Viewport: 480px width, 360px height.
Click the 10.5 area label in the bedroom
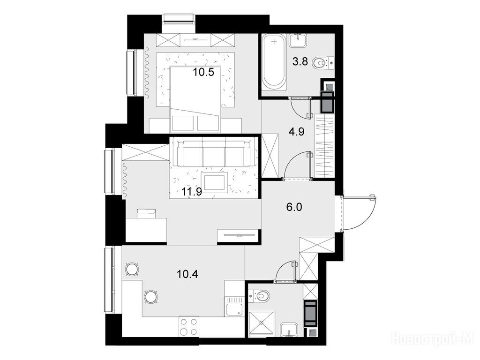[203, 73]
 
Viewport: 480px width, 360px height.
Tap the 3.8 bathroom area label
[300, 62]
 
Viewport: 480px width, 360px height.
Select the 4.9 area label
[296, 132]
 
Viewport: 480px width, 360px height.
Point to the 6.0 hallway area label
[294, 207]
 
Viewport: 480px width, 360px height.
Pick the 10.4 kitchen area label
[187, 274]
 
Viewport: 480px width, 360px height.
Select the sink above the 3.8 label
[298, 41]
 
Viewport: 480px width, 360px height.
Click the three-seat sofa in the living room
[214, 152]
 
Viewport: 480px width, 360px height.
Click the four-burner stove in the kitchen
[188, 326]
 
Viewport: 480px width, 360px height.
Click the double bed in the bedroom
[195, 98]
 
